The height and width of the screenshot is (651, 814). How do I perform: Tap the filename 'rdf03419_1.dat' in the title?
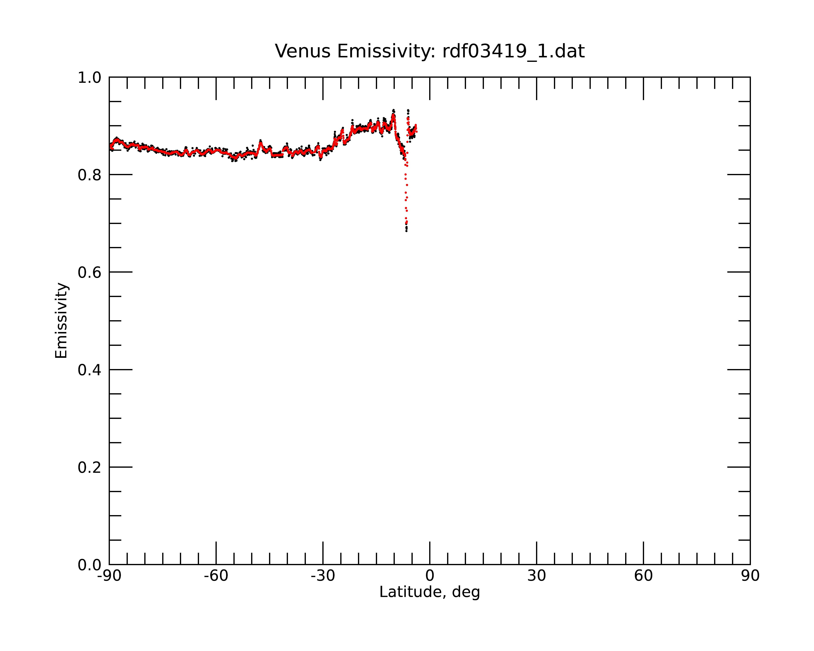click(x=513, y=51)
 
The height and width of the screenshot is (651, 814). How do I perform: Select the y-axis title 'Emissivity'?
click(x=61, y=320)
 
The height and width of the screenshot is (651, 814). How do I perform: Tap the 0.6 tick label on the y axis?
click(x=90, y=272)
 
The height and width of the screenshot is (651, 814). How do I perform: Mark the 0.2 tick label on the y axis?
click(x=90, y=467)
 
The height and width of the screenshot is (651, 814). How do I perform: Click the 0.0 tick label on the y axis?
click(x=90, y=565)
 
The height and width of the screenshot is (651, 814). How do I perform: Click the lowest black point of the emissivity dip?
click(x=406, y=231)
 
